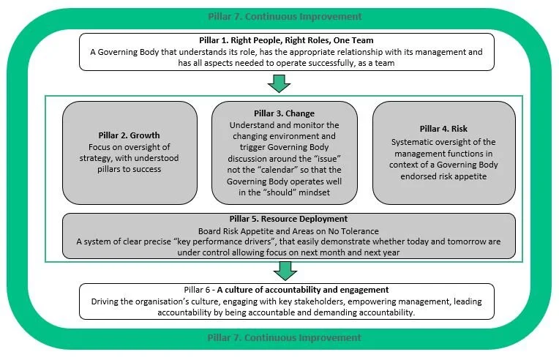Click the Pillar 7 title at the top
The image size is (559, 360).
pyautogui.click(x=280, y=16)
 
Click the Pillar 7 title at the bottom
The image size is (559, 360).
pyautogui.click(x=280, y=338)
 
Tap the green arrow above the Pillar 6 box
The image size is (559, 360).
pyautogui.click(x=280, y=271)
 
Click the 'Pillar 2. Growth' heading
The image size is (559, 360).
pyautogui.click(x=129, y=135)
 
